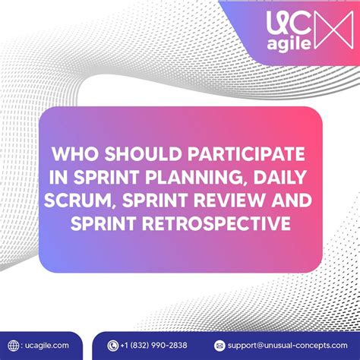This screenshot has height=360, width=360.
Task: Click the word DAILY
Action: [280, 177]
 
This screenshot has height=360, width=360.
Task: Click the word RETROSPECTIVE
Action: [216, 223]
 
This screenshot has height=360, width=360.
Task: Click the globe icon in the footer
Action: [14, 346]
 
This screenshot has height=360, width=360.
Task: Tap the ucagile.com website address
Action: [47, 346]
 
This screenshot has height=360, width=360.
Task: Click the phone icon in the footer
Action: [113, 346]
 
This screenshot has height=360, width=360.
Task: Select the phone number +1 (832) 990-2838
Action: [153, 346]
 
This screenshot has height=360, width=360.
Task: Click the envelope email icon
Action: [219, 346]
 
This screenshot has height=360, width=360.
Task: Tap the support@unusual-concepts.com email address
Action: [287, 346]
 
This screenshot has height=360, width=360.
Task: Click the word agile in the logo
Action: [289, 44]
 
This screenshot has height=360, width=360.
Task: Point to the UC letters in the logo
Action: [289, 24]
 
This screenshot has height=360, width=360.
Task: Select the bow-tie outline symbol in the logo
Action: [333, 30]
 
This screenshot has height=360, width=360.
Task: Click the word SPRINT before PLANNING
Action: [106, 177]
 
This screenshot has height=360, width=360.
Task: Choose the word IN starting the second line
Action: [58, 177]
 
